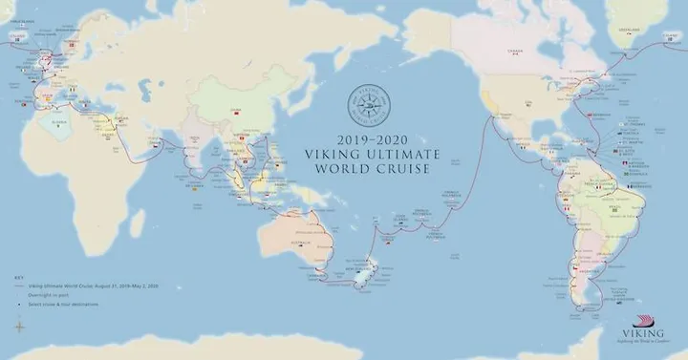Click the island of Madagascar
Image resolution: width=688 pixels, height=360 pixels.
pyautogui.click(x=137, y=223)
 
